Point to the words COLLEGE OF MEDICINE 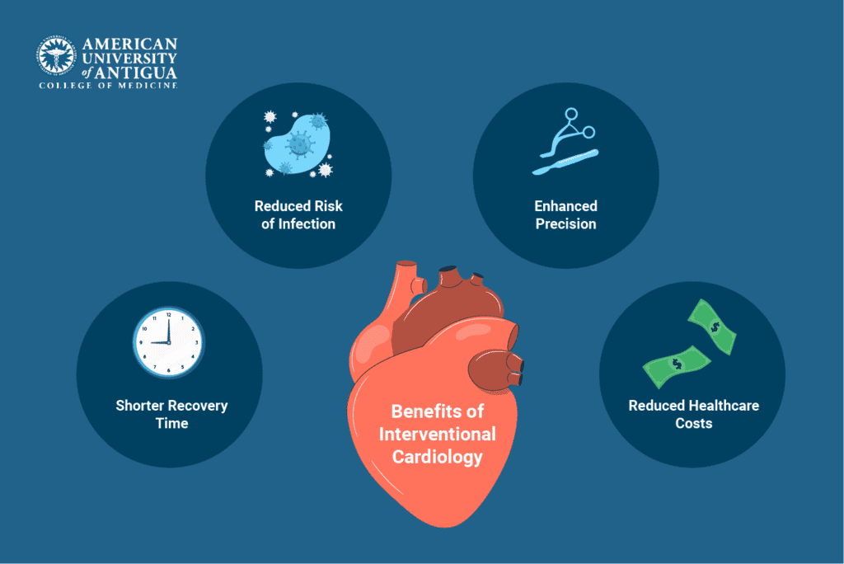(107, 85)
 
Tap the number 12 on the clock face (169, 316)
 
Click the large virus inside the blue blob (299, 145)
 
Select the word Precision (565, 223)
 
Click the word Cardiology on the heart (437, 456)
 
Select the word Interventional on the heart (438, 434)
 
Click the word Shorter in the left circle (140, 406)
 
